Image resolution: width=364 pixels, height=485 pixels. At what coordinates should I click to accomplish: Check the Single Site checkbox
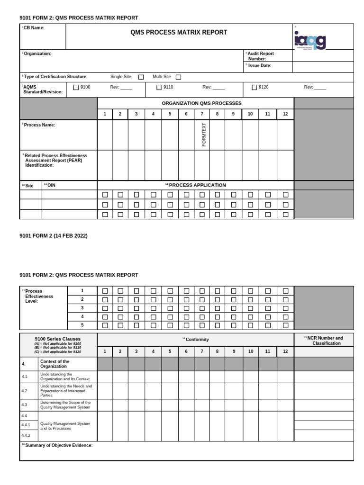(141, 77)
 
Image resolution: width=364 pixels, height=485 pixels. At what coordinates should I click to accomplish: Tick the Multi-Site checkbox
(178, 77)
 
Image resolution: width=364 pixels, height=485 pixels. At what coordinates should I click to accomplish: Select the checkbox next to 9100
(76, 87)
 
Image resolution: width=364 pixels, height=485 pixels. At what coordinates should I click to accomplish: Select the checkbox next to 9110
(159, 87)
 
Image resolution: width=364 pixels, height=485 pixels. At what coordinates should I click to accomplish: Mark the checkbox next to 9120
(254, 87)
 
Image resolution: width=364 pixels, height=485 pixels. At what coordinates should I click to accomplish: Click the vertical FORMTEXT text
(204, 135)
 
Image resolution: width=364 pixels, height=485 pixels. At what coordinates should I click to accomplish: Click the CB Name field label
(34, 28)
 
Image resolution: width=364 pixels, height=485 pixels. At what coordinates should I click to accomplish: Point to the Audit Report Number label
(261, 56)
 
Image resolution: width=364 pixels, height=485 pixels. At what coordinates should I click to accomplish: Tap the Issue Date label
(259, 65)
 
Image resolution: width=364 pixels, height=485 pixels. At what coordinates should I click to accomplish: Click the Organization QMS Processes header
(201, 103)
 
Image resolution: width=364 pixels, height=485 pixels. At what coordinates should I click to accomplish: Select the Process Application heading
(195, 185)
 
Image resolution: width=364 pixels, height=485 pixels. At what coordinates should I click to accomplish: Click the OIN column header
(50, 185)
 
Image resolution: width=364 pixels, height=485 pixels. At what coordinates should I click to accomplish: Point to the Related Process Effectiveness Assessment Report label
(55, 160)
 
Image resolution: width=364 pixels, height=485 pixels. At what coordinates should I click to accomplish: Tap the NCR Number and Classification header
(324, 341)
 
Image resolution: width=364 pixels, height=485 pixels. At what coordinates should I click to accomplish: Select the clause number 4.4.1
(26, 425)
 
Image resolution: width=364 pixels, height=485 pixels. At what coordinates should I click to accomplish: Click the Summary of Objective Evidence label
(58, 446)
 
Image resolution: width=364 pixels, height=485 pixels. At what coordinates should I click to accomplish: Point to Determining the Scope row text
(65, 404)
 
